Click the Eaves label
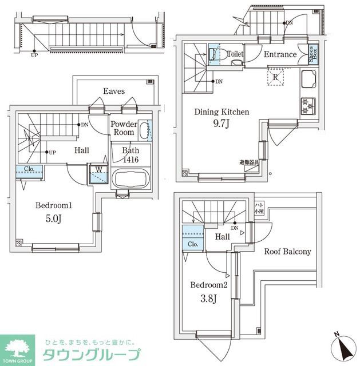click(114, 91)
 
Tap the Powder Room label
click(123, 128)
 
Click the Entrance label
click(280, 55)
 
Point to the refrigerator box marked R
click(275, 77)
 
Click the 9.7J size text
click(222, 124)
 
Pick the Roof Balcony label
click(287, 252)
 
